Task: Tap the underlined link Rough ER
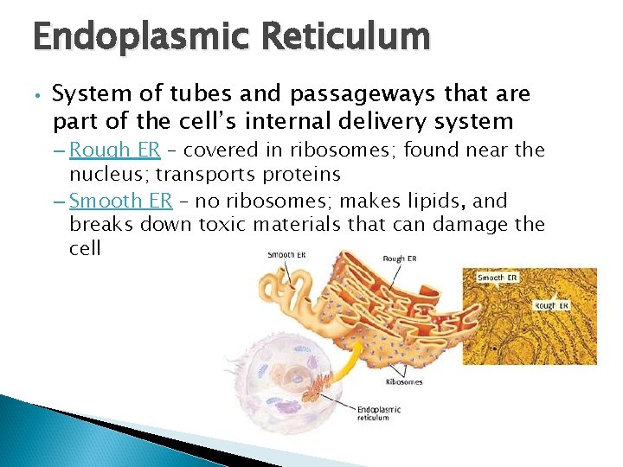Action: point(114,150)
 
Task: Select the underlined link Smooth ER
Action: point(120,201)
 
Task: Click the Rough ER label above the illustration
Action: point(400,259)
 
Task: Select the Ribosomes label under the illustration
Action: point(403,381)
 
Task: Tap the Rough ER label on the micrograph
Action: point(551,305)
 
